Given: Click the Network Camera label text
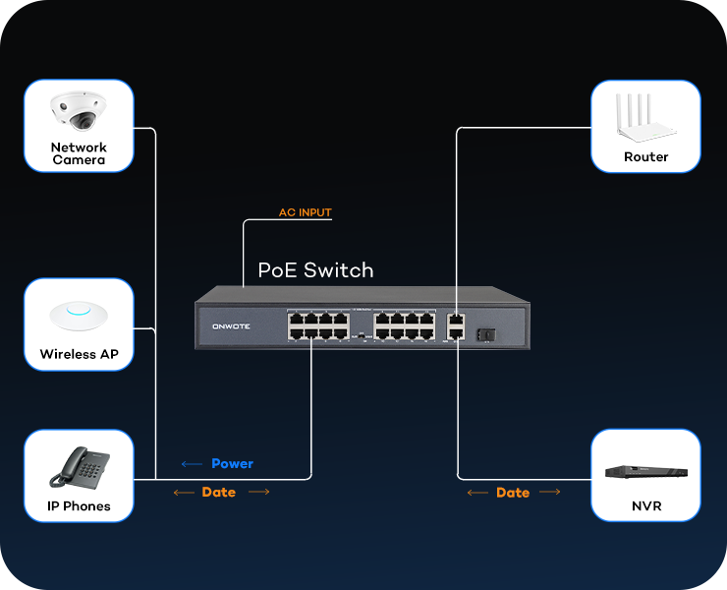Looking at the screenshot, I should tap(79, 153).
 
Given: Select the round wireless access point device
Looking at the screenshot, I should tap(79, 315).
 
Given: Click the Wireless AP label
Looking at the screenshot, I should tap(79, 354).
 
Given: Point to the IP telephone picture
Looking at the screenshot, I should tap(79, 468).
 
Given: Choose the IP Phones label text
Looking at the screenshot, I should tap(79, 506).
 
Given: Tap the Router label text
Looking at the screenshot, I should tap(645, 157).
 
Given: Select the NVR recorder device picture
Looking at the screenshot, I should tap(645, 472).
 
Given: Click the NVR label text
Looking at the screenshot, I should tap(645, 506).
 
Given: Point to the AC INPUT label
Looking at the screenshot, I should tap(306, 212).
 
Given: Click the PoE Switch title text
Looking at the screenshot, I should tap(315, 269).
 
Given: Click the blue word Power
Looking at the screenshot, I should tap(232, 463).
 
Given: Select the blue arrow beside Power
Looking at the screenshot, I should tap(192, 463).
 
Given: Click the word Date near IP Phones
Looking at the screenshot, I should tap(218, 492).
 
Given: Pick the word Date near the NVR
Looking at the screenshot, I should tap(513, 493).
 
